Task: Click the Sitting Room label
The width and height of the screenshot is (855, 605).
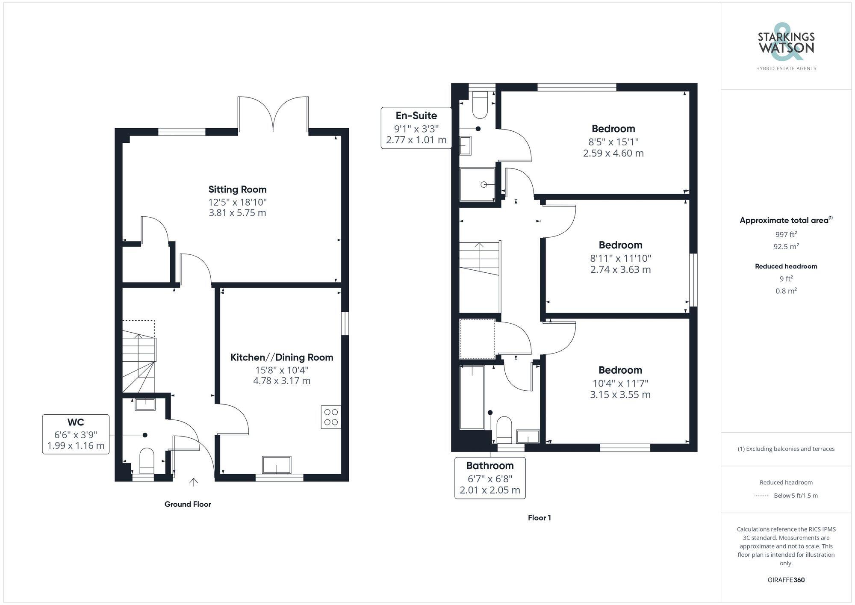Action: [237, 189]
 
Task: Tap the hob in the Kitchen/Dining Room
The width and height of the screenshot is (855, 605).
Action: [331, 417]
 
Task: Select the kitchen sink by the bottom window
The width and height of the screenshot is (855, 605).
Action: [277, 465]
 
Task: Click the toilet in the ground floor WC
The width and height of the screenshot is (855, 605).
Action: [147, 461]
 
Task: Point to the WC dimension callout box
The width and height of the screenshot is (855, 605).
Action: [76, 434]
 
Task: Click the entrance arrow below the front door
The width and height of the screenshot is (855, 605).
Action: [194, 482]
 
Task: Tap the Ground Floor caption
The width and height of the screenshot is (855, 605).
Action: [188, 504]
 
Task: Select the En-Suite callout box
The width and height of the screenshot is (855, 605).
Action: [416, 128]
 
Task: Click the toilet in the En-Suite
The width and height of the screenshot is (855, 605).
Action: [480, 105]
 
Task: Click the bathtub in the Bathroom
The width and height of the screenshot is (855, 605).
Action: [472, 397]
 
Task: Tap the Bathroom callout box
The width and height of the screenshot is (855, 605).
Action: [490, 478]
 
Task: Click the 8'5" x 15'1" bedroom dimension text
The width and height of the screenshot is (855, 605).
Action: [613, 142]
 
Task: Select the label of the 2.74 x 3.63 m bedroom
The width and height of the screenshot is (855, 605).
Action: [620, 245]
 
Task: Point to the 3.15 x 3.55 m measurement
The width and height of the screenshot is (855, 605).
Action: [620, 395]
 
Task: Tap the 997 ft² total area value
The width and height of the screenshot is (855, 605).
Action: [786, 234]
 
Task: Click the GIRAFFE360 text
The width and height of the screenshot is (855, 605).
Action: [786, 580]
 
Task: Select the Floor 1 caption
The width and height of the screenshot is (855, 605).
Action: [539, 518]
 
